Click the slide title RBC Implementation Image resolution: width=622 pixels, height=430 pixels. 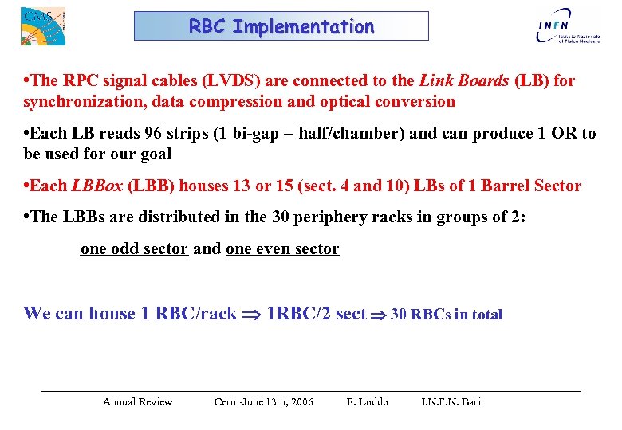[281, 26]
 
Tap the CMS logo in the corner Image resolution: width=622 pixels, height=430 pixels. [42, 26]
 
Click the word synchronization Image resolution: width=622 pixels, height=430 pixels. [82, 101]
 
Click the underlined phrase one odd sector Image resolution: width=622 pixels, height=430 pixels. [134, 248]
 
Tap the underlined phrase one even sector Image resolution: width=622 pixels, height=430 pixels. [282, 248]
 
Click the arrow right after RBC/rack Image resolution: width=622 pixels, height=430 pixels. [252, 314]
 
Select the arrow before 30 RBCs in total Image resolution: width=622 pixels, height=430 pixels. [379, 314]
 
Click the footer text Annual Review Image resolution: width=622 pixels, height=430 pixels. [137, 401]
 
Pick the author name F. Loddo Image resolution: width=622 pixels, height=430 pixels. [368, 401]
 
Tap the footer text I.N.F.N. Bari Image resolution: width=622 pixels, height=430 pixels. [451, 401]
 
